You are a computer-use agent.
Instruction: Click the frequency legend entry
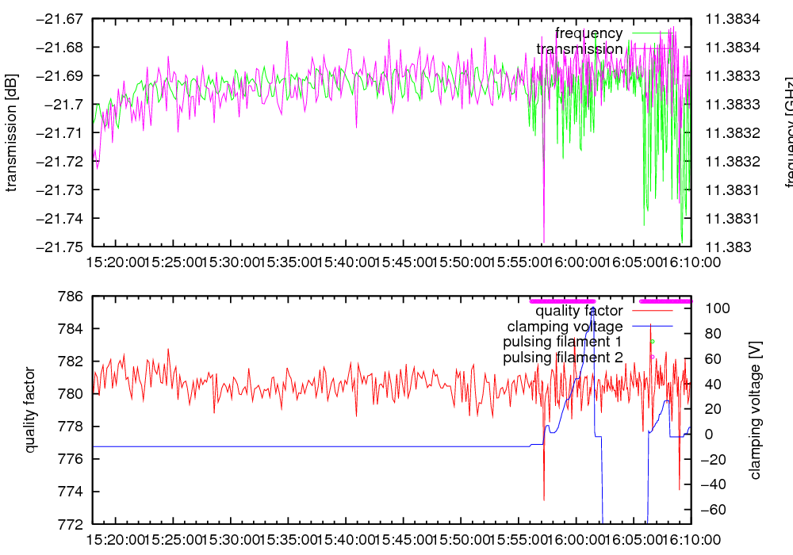[x=588, y=33]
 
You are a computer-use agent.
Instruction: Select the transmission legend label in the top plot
[x=580, y=49]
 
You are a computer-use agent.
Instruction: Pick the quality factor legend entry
[x=579, y=311]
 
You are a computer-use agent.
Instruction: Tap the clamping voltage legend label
[x=565, y=327]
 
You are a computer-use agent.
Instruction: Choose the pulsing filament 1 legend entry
[x=562, y=342]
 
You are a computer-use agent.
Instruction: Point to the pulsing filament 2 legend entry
[x=562, y=358]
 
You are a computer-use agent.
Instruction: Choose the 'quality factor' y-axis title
[x=31, y=410]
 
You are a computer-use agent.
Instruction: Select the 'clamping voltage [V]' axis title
[x=755, y=410]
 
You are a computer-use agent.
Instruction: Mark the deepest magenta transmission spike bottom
[x=544, y=242]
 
